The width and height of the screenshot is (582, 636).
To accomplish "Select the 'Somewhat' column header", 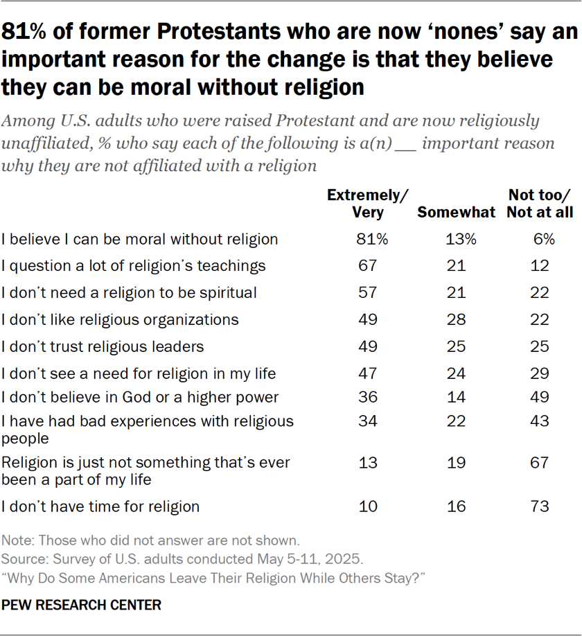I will click(x=456, y=212).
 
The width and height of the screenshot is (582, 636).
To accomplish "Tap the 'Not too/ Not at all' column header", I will click(x=540, y=204).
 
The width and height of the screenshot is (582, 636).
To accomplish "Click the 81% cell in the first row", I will click(x=368, y=239).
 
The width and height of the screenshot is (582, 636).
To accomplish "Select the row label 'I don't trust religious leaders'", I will click(x=103, y=346).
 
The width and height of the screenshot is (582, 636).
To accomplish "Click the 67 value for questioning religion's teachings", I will click(x=368, y=265).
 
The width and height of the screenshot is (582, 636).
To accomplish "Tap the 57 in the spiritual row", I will click(x=368, y=292).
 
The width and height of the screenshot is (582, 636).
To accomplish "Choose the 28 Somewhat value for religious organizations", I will click(x=456, y=319).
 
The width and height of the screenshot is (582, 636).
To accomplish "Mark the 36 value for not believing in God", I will click(x=368, y=397).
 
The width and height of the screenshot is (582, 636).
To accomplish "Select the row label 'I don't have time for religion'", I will click(x=100, y=506).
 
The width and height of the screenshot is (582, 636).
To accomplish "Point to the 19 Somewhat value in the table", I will click(x=456, y=462).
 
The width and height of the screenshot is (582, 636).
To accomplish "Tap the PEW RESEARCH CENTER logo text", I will click(x=81, y=606).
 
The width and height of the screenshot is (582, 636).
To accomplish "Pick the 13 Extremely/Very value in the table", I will click(x=368, y=462).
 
